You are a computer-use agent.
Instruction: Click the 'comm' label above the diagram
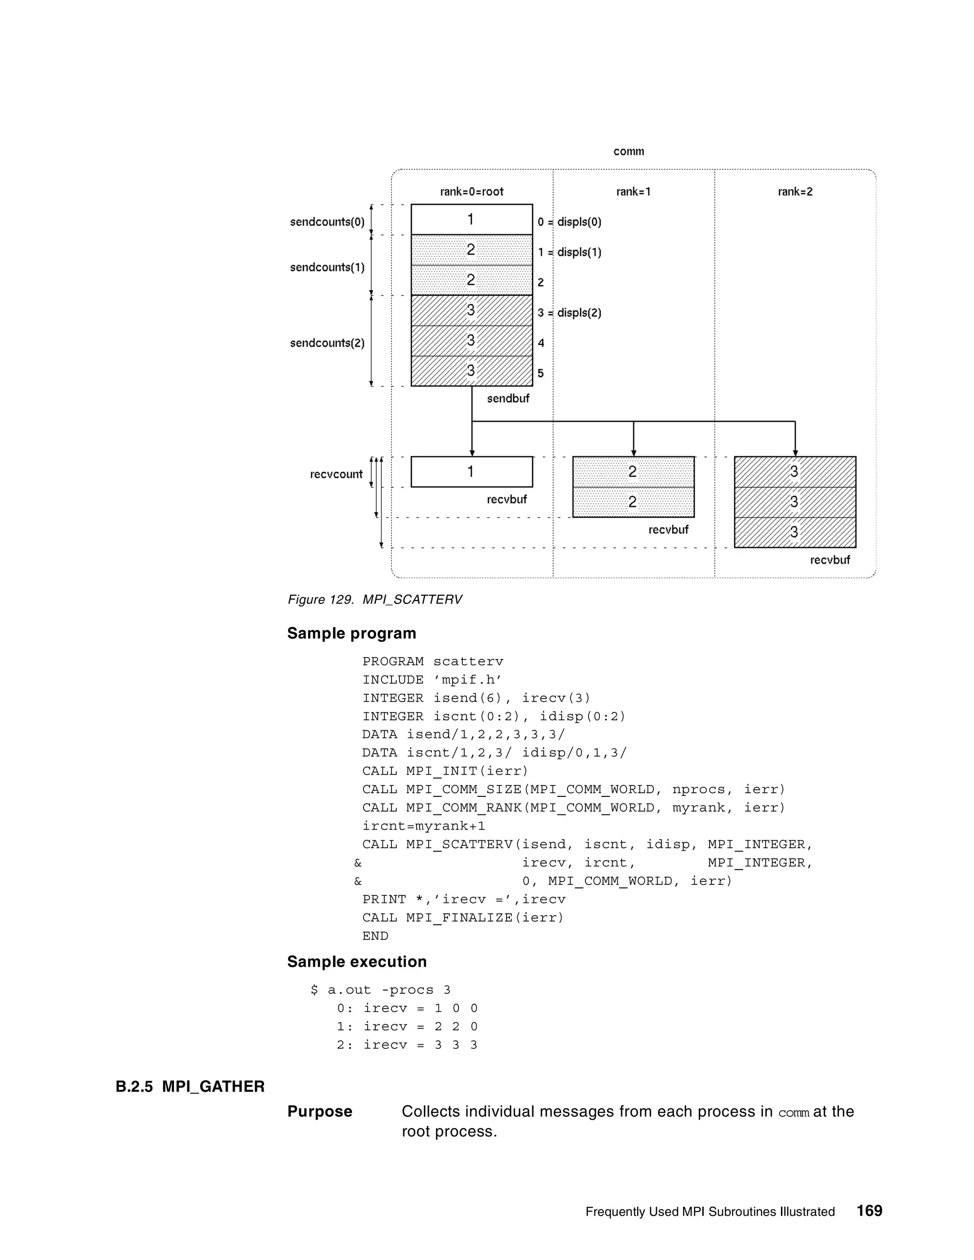(628, 151)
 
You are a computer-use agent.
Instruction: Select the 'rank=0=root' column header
(471, 192)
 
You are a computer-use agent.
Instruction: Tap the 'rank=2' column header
(795, 192)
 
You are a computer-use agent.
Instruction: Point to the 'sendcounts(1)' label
(327, 267)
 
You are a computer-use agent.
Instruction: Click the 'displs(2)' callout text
(579, 313)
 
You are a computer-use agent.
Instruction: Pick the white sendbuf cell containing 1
(471, 219)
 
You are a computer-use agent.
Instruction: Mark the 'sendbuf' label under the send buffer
(508, 398)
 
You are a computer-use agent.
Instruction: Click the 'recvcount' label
(336, 474)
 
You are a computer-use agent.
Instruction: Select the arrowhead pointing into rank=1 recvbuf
(633, 453)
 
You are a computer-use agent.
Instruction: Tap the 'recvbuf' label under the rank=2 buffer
(830, 560)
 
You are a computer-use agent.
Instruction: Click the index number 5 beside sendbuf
(541, 373)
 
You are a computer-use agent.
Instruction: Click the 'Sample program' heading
(351, 633)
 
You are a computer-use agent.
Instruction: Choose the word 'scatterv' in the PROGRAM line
(468, 662)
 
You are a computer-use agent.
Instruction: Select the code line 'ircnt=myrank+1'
(424, 826)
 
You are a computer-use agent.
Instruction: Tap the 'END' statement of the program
(375, 936)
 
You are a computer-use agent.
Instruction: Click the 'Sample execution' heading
(357, 962)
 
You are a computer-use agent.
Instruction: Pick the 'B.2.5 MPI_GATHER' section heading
(190, 1087)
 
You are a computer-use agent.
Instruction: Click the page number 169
(869, 1211)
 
